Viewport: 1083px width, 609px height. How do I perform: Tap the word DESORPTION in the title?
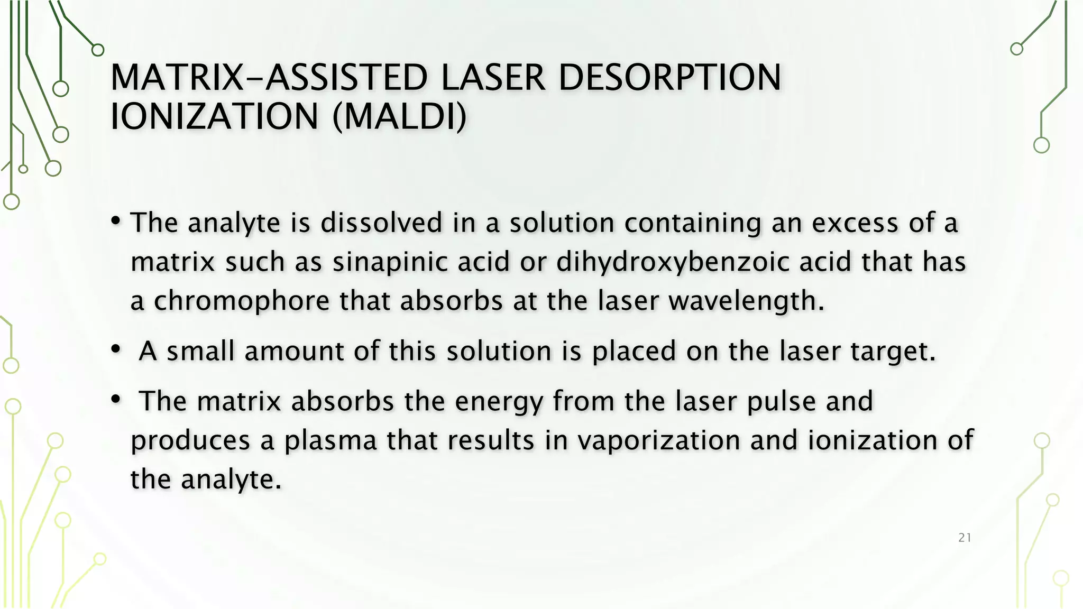pos(669,78)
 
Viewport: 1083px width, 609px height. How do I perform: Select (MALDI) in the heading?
pos(399,117)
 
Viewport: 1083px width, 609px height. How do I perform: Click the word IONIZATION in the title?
pos(214,117)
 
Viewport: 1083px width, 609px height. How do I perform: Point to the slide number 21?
pos(965,538)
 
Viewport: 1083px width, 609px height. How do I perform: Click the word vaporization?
pos(658,441)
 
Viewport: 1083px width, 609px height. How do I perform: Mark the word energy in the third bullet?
pos(499,402)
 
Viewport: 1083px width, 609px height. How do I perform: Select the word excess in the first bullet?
pos(855,223)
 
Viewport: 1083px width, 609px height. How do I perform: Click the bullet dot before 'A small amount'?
pos(116,349)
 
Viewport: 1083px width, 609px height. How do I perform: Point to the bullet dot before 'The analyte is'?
pos(116,221)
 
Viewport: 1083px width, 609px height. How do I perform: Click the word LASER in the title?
pos(492,78)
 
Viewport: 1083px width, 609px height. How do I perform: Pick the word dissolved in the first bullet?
pos(381,223)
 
